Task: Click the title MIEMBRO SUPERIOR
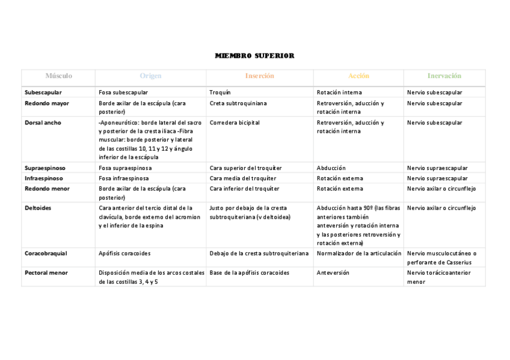[254, 56]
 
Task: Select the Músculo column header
[58, 76]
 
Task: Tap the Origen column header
[150, 76]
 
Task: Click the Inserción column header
[259, 76]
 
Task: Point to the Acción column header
[358, 76]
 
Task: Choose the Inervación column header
[444, 76]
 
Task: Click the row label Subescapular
[43, 93]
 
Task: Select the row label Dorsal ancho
[43, 123]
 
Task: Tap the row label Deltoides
[38, 208]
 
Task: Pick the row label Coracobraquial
[46, 254]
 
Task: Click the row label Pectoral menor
[46, 273]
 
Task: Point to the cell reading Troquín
[220, 93]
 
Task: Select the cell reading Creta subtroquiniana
[238, 103]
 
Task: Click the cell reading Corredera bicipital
[235, 123]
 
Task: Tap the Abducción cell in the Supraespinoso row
[331, 168]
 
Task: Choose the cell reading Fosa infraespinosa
[124, 178]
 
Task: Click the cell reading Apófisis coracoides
[124, 254]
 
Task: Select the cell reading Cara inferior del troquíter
[244, 189]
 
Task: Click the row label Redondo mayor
[46, 103]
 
